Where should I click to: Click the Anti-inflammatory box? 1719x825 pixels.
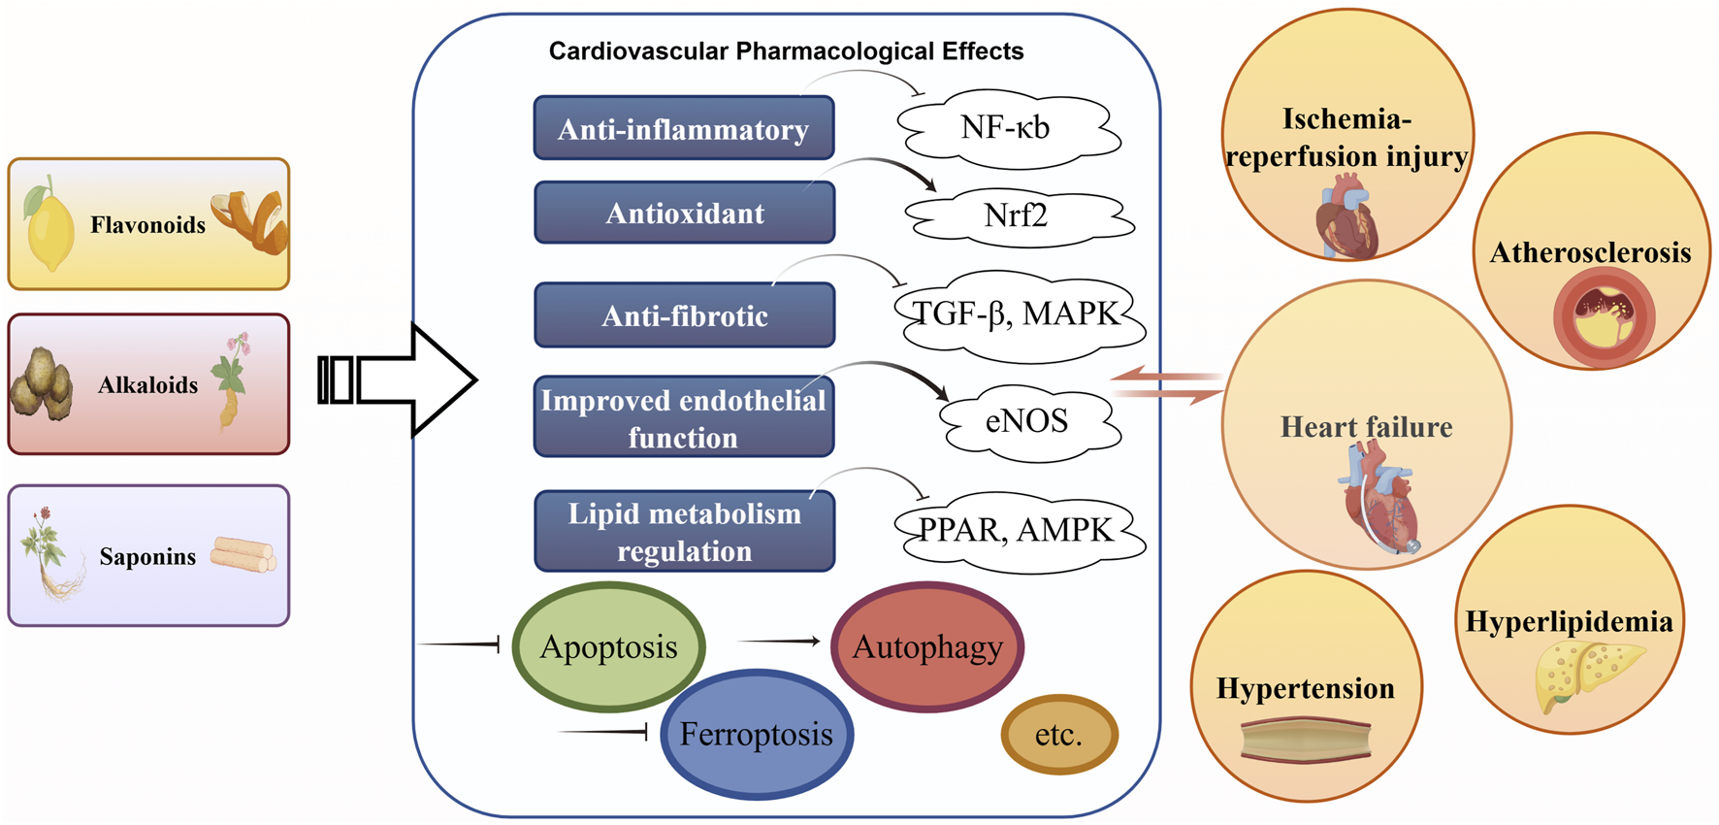(x=683, y=128)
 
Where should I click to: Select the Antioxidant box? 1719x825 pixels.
(x=684, y=213)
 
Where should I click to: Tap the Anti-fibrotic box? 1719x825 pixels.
(x=684, y=315)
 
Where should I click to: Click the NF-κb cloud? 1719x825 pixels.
(x=1006, y=127)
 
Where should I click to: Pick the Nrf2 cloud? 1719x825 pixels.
(x=1016, y=214)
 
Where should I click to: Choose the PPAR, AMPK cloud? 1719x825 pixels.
(x=1016, y=529)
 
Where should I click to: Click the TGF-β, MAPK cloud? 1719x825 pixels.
(x=1016, y=313)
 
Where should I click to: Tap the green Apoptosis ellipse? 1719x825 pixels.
(x=608, y=646)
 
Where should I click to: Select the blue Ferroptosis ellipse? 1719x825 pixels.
(x=756, y=734)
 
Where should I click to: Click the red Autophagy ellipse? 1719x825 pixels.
(x=927, y=646)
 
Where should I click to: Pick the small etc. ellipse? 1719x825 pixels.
(x=1058, y=735)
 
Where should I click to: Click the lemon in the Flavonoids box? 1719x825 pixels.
(x=49, y=227)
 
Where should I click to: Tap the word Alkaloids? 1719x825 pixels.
(x=147, y=385)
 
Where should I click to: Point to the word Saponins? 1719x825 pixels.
(x=147, y=556)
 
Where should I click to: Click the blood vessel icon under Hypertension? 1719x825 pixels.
(x=1306, y=741)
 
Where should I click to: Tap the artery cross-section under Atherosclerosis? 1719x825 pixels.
(x=1603, y=317)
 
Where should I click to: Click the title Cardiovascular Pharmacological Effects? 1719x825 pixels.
(x=786, y=51)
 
